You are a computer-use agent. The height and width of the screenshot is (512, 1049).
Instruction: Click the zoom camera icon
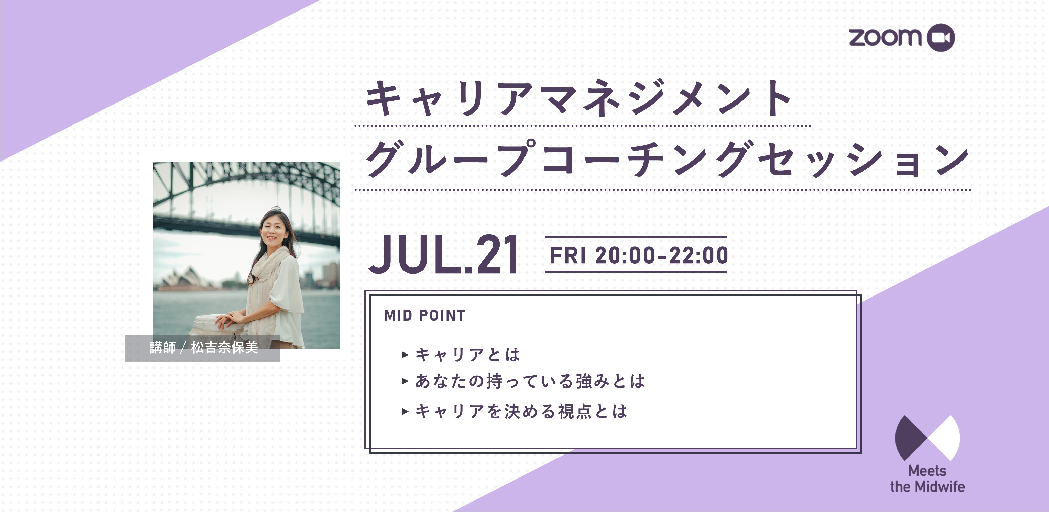(941, 37)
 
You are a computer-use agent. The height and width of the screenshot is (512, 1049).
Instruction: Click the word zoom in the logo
(884, 37)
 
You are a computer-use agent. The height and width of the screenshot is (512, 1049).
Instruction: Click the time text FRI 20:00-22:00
(639, 255)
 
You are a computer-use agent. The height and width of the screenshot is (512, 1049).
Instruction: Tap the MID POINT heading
(425, 315)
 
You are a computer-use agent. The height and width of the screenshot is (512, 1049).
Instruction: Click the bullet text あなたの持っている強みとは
(530, 381)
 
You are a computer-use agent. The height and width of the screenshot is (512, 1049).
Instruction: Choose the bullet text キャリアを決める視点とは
(521, 411)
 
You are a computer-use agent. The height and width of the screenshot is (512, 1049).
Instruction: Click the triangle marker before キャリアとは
(405, 355)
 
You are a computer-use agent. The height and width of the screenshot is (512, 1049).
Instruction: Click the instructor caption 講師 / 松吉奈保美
(204, 347)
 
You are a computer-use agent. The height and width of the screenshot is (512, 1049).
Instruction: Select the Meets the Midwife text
(927, 479)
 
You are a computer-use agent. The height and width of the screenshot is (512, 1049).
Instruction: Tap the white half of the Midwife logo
(946, 438)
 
